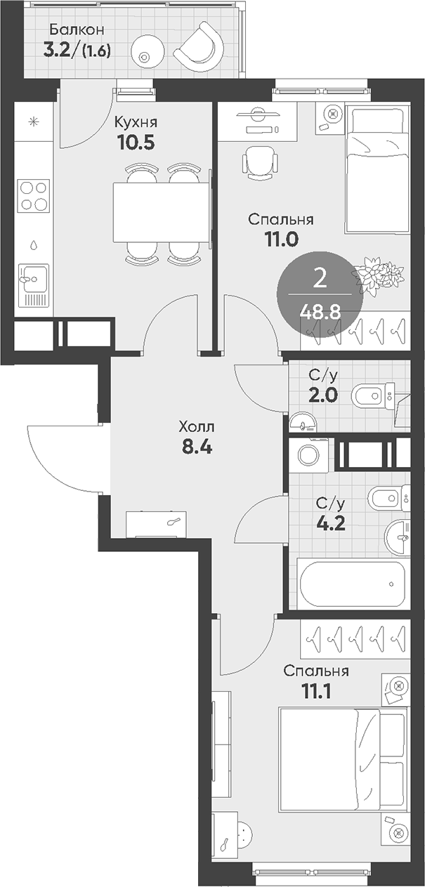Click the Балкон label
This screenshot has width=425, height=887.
[77, 29]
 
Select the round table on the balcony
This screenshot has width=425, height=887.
[148, 51]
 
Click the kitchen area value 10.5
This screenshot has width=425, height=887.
[136, 142]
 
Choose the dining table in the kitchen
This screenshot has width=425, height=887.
[161, 212]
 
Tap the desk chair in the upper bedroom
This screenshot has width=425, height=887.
[259, 162]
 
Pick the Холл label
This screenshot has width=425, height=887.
[197, 427]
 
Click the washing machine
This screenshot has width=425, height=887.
[309, 454]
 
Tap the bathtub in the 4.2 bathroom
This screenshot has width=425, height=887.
[353, 584]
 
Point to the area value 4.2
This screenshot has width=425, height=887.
[331, 523]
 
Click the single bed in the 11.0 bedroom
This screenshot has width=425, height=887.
[377, 169]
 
